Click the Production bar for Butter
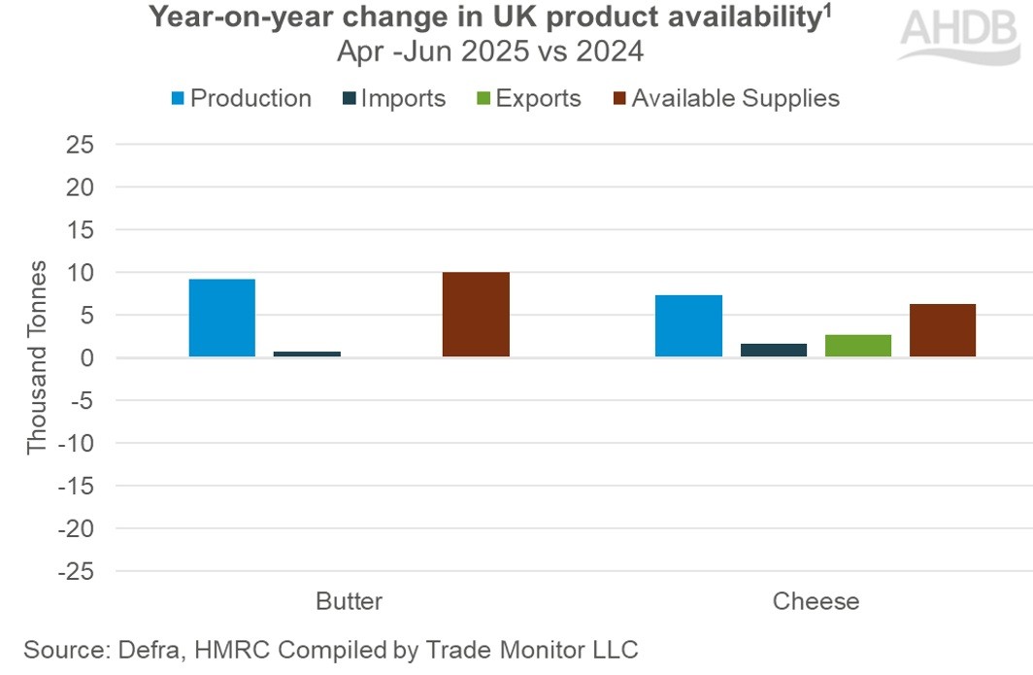[x=221, y=319]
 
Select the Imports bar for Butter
[x=307, y=354]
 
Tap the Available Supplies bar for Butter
[x=476, y=315]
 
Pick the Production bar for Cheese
[x=688, y=326]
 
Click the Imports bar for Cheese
[x=774, y=350]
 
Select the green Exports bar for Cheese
[x=858, y=346]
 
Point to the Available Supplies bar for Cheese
[x=943, y=330]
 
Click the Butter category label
[x=349, y=601]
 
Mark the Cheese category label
[x=816, y=601]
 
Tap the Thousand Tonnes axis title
[x=36, y=357]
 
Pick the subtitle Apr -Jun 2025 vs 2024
[x=490, y=51]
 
